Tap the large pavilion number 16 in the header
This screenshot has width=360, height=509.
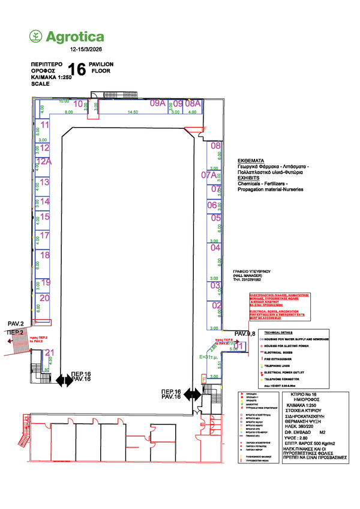76,70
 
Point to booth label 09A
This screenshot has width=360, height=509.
157,103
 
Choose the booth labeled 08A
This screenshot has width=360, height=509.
192,103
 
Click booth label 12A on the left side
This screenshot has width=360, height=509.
44,161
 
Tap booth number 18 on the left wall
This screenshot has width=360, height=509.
44,256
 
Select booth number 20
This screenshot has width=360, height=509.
44,297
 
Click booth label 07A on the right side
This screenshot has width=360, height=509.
209,175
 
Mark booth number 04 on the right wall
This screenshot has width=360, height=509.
215,247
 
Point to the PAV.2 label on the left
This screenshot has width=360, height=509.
16,324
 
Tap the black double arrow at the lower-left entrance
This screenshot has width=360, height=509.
63,380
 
